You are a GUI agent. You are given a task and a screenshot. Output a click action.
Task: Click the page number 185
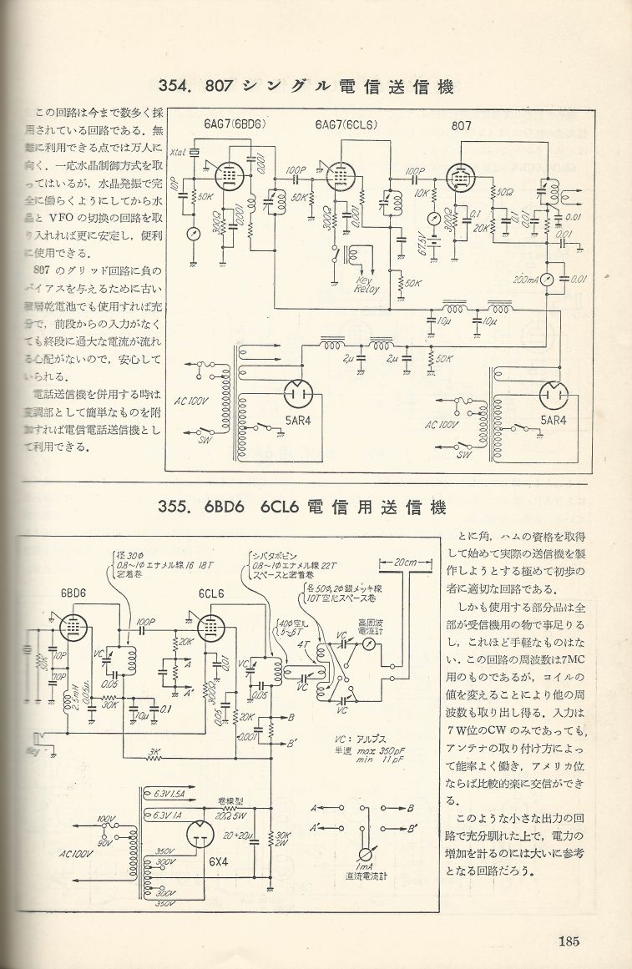(x=569, y=941)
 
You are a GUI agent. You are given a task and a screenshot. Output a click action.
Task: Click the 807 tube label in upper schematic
(x=461, y=127)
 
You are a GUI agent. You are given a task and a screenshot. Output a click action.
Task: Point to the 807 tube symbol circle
(x=460, y=177)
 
